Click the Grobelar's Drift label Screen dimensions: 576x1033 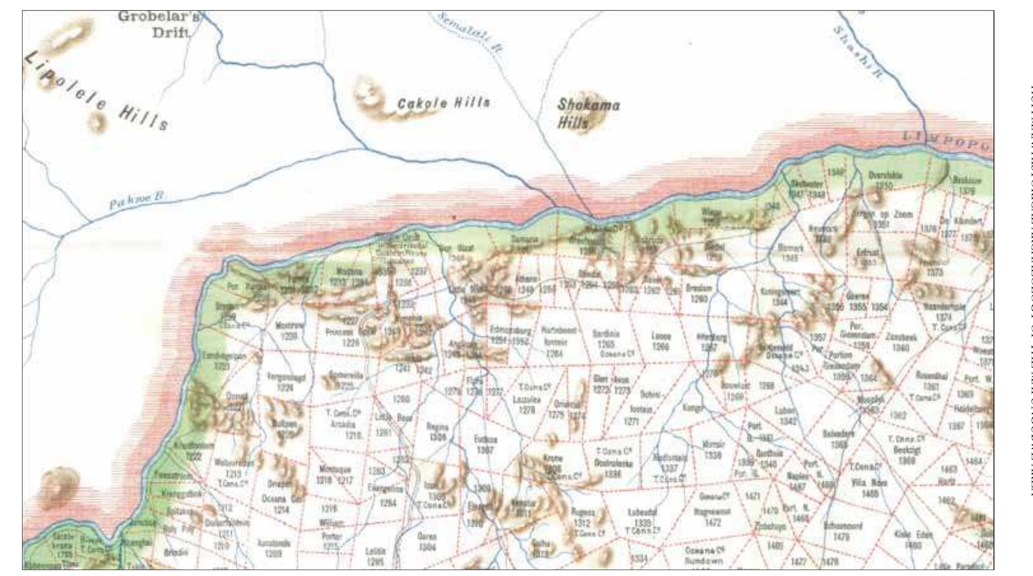tap(159, 24)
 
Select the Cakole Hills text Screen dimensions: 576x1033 tap(443, 103)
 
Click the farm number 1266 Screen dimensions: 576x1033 tap(661, 347)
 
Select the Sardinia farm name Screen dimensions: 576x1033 tap(606, 334)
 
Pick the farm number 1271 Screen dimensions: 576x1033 tap(632, 421)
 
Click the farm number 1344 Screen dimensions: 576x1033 tap(780, 302)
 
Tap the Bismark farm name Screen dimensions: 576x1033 tap(791, 248)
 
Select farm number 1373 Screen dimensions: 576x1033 tap(935, 272)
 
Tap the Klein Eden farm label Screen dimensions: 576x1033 tap(913, 535)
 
